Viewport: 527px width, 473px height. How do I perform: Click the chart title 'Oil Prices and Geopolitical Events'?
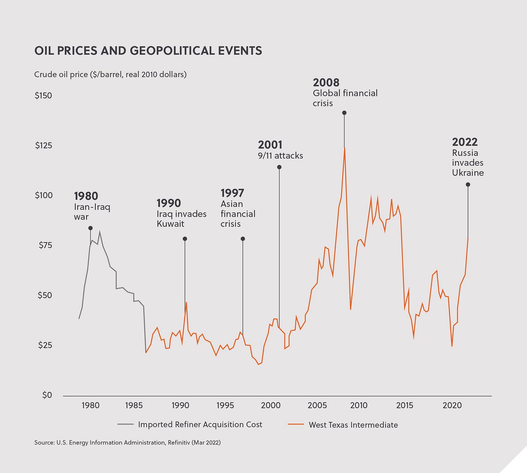tap(148, 51)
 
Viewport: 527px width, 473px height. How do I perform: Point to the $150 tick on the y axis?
tap(43, 96)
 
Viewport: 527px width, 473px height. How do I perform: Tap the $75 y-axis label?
tap(45, 245)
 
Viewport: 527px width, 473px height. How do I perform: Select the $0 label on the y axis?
tap(47, 395)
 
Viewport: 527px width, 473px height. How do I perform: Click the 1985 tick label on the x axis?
tap(134, 405)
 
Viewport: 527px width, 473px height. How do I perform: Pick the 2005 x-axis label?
tap(317, 405)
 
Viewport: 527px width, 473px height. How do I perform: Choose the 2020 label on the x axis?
tap(452, 405)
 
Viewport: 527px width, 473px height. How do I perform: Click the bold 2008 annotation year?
tap(326, 83)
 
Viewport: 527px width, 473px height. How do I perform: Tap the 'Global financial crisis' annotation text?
tap(345, 98)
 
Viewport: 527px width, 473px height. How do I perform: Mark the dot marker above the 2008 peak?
tap(344, 113)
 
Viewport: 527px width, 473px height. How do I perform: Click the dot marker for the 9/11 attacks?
tap(279, 167)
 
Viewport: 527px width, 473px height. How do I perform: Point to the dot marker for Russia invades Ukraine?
tap(468, 184)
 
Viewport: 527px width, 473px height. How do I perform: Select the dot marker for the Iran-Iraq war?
tap(90, 228)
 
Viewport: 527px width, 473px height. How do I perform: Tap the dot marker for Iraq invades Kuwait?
tap(185, 239)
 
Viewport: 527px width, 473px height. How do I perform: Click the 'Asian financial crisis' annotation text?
tap(238, 214)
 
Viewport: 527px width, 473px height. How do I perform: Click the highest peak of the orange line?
tap(345, 148)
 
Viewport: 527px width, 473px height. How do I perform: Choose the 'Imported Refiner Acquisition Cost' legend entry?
tap(190, 425)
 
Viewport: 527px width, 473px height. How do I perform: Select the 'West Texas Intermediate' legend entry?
tap(343, 425)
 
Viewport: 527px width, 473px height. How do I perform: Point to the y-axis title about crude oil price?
tap(110, 75)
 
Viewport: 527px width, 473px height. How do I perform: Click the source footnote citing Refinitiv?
tap(127, 442)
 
